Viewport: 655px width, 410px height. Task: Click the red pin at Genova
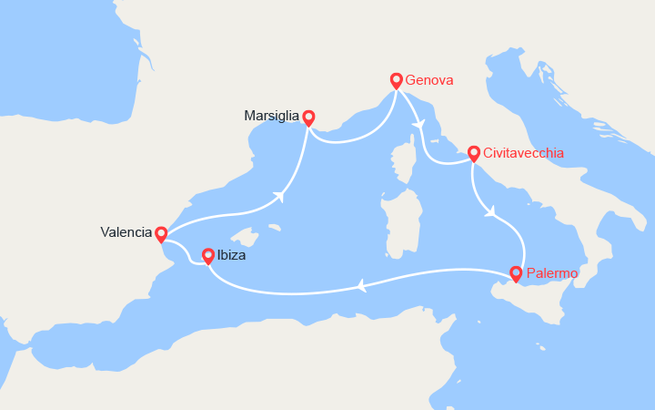(397, 80)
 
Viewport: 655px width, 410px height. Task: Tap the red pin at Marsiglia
(308, 117)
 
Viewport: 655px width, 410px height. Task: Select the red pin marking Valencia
(161, 233)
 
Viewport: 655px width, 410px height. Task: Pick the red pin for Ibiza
(207, 256)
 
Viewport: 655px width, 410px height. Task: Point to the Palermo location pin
(516, 272)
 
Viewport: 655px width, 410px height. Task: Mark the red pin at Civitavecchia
(473, 153)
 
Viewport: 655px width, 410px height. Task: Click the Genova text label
(429, 80)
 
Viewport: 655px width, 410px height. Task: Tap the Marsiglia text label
(271, 117)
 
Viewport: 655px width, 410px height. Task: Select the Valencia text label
(126, 232)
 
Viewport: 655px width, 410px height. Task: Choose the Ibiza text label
(231, 256)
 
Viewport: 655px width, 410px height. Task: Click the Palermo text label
(551, 272)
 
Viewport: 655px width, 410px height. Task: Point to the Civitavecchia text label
(524, 153)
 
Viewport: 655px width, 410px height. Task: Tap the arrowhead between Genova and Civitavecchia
(418, 124)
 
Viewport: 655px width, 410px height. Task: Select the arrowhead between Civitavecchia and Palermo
(489, 213)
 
